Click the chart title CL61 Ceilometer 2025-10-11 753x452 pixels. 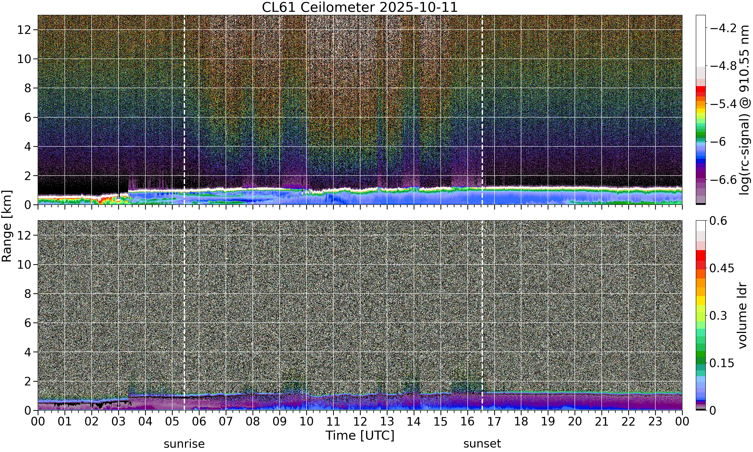pos(360,7)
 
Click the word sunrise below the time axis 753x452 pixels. pos(184,444)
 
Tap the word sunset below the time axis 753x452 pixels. pos(482,444)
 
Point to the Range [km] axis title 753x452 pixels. pos(7,226)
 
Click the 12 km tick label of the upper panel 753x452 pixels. pos(24,30)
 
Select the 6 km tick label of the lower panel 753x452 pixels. pos(28,323)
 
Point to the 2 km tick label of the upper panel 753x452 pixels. pos(28,176)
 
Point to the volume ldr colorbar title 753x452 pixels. pos(743,316)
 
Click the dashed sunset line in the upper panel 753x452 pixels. pos(482,110)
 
